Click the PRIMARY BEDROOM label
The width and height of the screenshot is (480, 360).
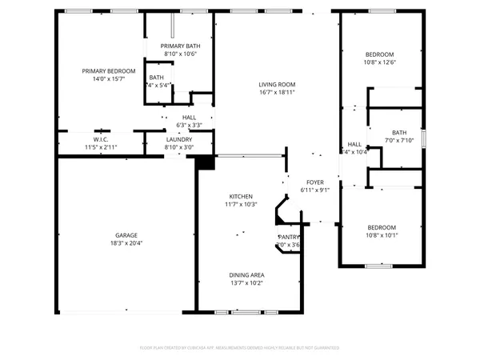[108, 71]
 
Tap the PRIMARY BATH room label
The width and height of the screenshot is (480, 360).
[180, 46]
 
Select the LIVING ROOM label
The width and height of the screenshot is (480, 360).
[277, 85]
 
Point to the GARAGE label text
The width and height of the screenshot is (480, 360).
[125, 235]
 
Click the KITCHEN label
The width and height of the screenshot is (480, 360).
[241, 196]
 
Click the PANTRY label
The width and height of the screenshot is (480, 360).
[288, 238]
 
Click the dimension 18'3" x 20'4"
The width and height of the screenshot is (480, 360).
[125, 243]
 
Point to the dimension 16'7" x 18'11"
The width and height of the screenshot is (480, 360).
[277, 93]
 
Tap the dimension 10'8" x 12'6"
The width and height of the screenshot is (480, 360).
[380, 62]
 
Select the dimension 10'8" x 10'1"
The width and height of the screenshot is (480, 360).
[381, 235]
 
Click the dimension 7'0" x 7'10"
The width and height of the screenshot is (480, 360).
[398, 141]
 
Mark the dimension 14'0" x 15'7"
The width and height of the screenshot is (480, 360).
[108, 79]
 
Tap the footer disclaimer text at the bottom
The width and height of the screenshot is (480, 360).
[239, 348]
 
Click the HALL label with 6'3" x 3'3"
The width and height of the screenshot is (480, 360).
[189, 118]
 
